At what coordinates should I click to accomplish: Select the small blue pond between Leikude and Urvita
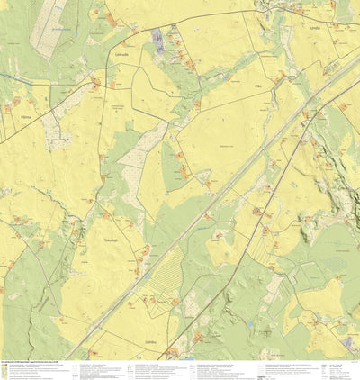pyautogui.click(x=224, y=76)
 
